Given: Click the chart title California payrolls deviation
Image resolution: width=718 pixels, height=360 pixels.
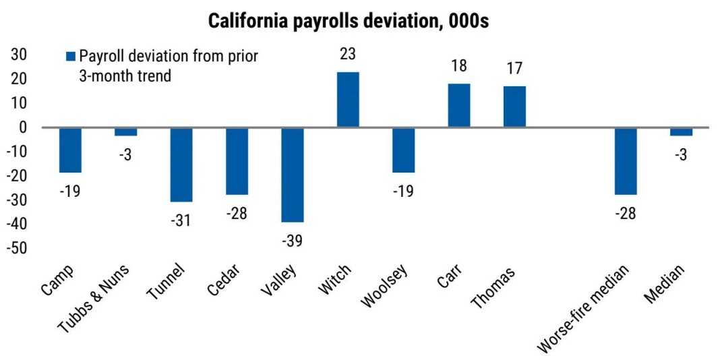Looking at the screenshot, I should pos(349,21).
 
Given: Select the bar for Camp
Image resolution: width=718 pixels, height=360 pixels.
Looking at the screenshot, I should pos(70,150).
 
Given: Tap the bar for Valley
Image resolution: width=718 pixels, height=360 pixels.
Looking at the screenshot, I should pos(293,174).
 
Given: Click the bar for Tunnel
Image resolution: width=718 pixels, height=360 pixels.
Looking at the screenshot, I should pos(181,164).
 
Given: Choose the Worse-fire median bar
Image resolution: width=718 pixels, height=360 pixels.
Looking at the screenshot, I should pos(626,160).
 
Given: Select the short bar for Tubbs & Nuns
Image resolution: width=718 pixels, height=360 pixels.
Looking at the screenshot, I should pos(125,131).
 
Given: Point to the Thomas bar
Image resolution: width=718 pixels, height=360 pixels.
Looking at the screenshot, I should pos(514,107).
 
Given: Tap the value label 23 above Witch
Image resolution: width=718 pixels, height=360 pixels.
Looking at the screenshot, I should pos(348,54).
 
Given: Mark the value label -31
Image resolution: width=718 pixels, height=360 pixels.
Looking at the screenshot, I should pos(181,220).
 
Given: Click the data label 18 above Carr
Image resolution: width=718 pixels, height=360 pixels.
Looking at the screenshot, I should pos(459,66).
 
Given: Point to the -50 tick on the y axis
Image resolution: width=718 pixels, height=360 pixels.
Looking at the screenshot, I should pos(19,248).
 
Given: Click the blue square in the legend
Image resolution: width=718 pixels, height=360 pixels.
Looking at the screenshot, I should pos(71,56).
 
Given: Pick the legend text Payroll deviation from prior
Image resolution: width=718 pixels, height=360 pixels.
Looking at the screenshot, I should pos(169,56).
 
